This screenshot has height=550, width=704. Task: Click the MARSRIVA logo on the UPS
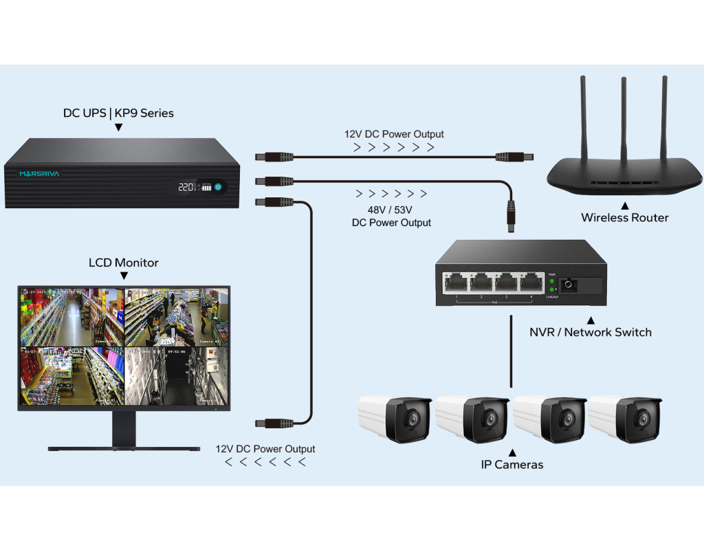pyautogui.click(x=39, y=174)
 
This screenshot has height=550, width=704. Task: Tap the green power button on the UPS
pyautogui.click(x=218, y=186)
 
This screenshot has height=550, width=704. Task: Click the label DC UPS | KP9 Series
pyautogui.click(x=118, y=113)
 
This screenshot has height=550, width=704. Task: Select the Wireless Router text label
pyautogui.click(x=624, y=218)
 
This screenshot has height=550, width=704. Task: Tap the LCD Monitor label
pyautogui.click(x=124, y=263)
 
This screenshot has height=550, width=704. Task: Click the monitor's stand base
pyautogui.click(x=124, y=448)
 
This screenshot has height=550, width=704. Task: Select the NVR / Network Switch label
pyautogui.click(x=590, y=332)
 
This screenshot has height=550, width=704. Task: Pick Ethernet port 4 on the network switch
pyautogui.click(x=531, y=282)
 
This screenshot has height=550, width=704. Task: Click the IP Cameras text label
pyautogui.click(x=511, y=465)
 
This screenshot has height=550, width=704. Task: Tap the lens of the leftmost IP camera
pyautogui.click(x=411, y=419)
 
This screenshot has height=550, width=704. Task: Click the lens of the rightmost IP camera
pyautogui.click(x=643, y=419)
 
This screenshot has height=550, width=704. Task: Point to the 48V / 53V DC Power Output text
pyautogui.click(x=391, y=216)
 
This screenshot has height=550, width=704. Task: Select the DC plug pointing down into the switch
pyautogui.click(x=511, y=215)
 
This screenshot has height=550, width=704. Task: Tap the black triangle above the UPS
pyautogui.click(x=118, y=127)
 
